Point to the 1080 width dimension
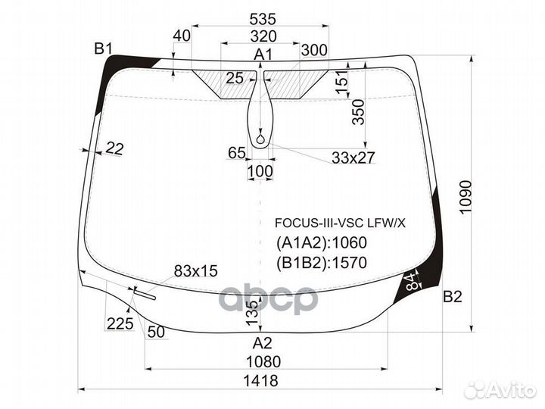click(263, 361)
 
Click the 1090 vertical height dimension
click(465, 198)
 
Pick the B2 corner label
click(452, 297)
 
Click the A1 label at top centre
click(263, 54)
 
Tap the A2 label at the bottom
click(263, 342)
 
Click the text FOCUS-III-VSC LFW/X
click(340, 223)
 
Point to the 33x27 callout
click(353, 158)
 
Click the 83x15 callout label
click(195, 270)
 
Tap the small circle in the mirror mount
click(261, 139)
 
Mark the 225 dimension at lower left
click(120, 324)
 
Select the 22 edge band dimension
click(114, 149)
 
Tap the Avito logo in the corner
click(500, 389)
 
